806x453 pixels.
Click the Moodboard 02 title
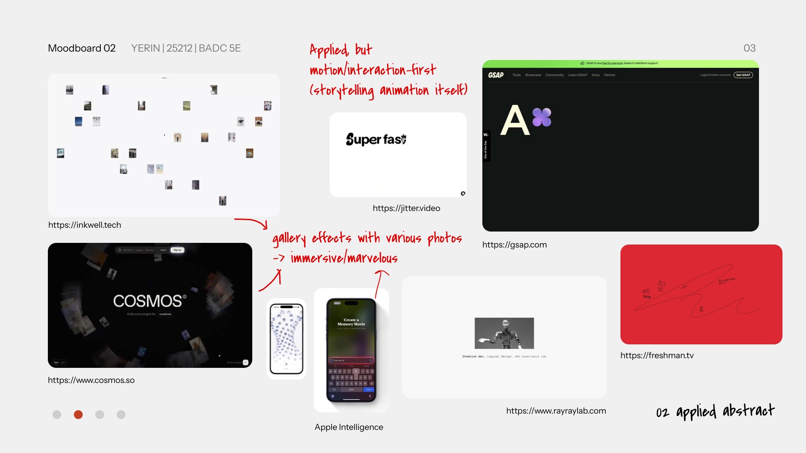tap(81, 48)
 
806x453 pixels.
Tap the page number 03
tap(749, 48)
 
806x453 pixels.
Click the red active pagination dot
tap(78, 414)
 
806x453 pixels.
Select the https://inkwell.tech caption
tap(84, 225)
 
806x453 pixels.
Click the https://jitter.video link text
tap(406, 208)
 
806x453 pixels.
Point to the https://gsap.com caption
tap(514, 245)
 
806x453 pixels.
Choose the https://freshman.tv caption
tap(657, 355)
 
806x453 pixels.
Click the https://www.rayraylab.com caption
tap(556, 411)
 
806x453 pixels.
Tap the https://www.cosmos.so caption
tap(91, 380)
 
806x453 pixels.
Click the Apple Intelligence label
tap(348, 427)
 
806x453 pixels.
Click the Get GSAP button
tap(743, 75)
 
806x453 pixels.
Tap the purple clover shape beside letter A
tap(542, 117)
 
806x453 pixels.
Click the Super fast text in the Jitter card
tap(376, 139)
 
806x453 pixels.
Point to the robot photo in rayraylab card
tap(504, 333)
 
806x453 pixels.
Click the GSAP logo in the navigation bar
tap(496, 75)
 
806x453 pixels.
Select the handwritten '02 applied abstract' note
tap(715, 411)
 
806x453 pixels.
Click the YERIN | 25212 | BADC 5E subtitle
tap(186, 48)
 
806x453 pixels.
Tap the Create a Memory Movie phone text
tap(351, 322)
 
